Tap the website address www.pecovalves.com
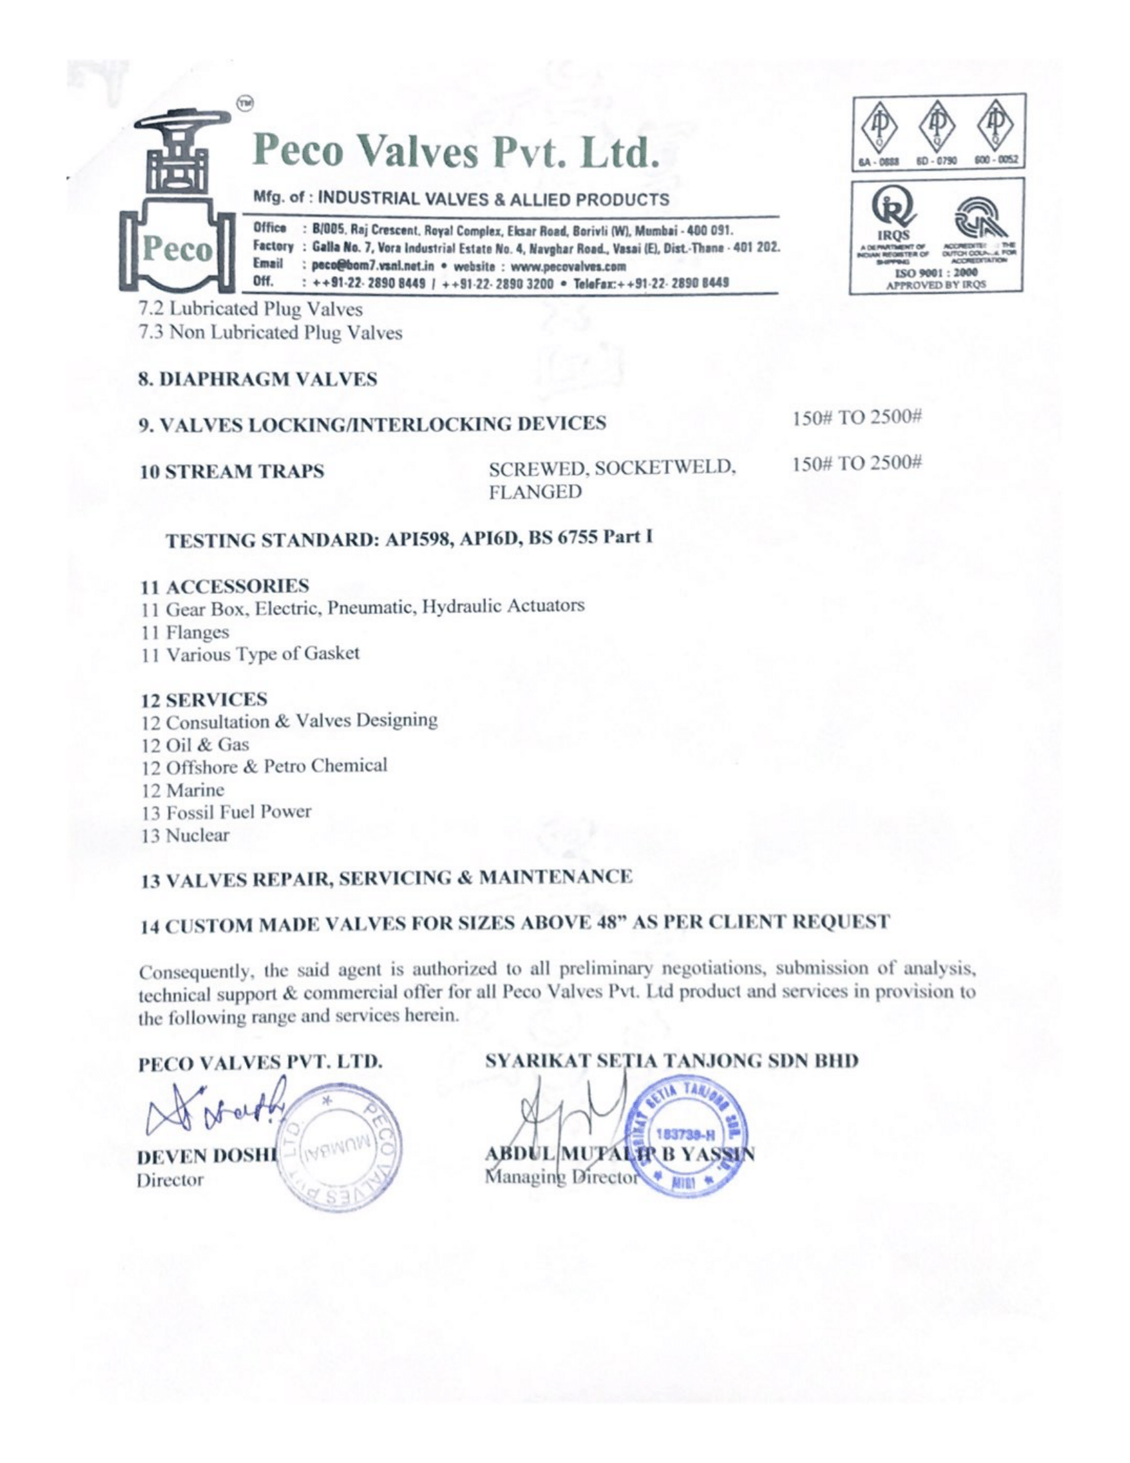pos(568,266)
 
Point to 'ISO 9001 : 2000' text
pos(937,273)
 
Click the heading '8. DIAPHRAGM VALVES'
pos(258,379)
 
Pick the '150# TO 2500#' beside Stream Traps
pos(857,464)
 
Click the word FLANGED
pos(536,492)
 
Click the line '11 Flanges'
pos(185,632)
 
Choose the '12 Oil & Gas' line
pos(195,744)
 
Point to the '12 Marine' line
pos(183,790)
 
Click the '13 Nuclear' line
pos(185,835)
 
